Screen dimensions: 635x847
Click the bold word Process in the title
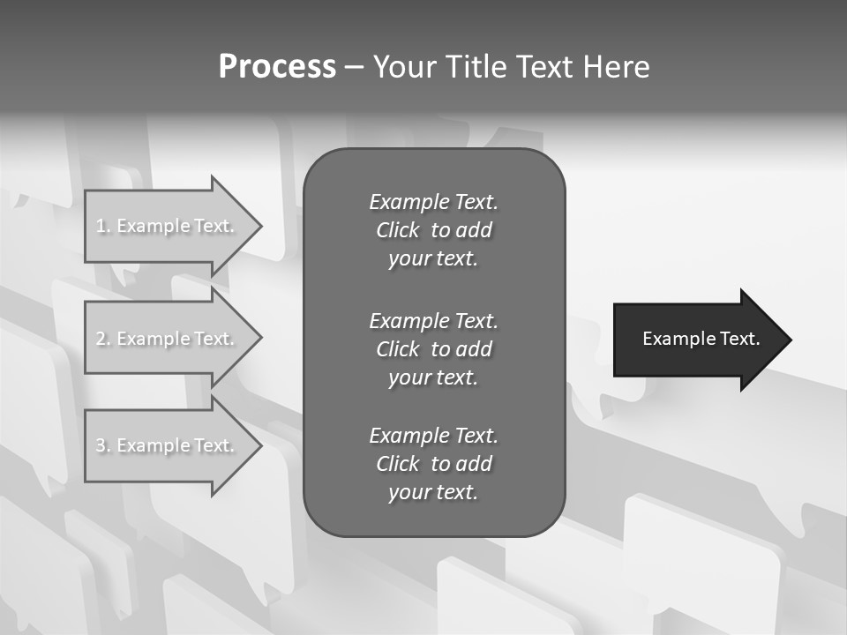[x=277, y=67]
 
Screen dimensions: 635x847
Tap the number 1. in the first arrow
[x=103, y=226]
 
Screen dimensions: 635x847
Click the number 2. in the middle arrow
[x=103, y=339]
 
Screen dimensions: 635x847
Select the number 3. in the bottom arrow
[x=103, y=445]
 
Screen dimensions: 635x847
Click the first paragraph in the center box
[x=433, y=230]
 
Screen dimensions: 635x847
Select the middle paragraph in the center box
[x=433, y=349]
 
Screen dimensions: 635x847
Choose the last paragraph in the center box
[x=433, y=464]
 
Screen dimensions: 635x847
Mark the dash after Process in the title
[x=354, y=67]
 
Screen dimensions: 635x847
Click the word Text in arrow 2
[x=214, y=339]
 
